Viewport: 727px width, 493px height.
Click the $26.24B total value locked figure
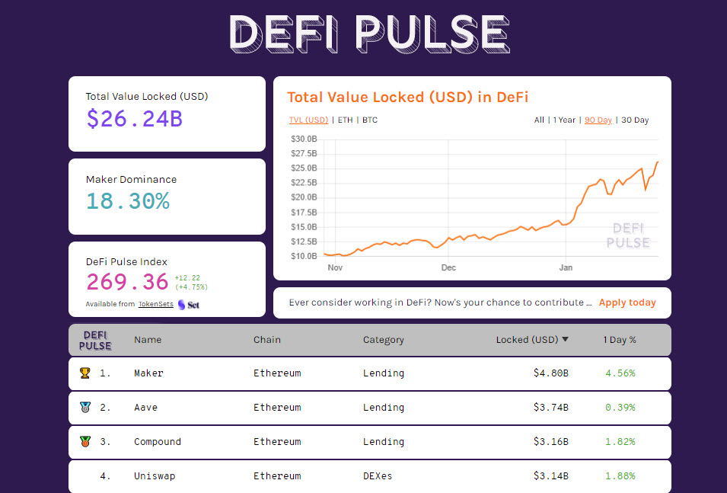(x=134, y=118)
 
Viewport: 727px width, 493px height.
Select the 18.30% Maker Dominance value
(x=127, y=201)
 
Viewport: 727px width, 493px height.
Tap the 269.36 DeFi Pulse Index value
(x=127, y=282)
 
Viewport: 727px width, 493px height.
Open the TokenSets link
(x=155, y=304)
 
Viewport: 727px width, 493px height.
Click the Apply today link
(x=627, y=303)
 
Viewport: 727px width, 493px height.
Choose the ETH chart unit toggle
(x=345, y=120)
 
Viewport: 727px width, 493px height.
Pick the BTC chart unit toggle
(x=370, y=120)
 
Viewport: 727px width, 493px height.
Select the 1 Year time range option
(x=564, y=120)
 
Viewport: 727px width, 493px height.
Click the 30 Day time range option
(x=635, y=120)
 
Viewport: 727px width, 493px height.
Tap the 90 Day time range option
(x=598, y=120)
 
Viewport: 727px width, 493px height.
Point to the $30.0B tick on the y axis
(x=304, y=139)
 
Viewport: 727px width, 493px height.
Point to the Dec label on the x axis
(x=448, y=268)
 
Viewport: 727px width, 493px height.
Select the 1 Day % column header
(x=620, y=340)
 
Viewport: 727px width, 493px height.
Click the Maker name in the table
(x=148, y=373)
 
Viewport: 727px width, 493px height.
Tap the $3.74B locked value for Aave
(x=550, y=408)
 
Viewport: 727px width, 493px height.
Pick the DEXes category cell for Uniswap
(x=378, y=476)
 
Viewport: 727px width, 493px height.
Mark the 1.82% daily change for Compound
(x=620, y=442)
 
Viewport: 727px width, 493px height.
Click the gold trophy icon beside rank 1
(x=84, y=373)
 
